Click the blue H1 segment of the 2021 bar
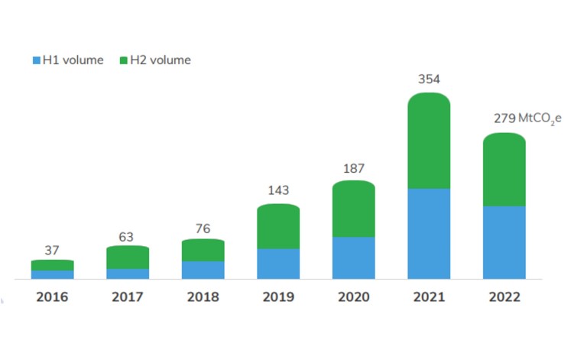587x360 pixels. point(429,233)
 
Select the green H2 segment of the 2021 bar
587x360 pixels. point(429,141)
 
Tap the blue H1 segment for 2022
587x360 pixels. point(504,242)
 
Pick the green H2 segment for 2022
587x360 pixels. point(504,170)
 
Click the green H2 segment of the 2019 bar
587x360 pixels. point(278,226)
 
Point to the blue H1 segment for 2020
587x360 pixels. point(353,258)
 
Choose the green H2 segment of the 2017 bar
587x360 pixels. point(128,257)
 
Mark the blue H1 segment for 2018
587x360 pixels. point(203,270)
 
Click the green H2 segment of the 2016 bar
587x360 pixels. point(53,264)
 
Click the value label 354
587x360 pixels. point(429,79)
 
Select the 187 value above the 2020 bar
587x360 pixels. point(353,167)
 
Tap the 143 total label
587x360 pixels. point(278,190)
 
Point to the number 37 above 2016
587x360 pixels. point(52,249)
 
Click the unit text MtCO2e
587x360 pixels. point(540,118)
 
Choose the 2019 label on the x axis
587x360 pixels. point(278,297)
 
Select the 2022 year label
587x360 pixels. point(504,297)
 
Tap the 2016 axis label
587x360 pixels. point(52,297)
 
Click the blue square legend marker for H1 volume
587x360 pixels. point(36,60)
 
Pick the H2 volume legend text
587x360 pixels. point(161,60)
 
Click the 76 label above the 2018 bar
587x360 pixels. point(203,228)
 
